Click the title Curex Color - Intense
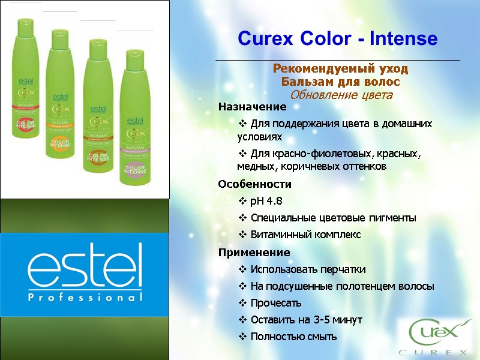[x=338, y=40]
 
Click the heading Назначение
[x=252, y=107]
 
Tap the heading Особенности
[x=254, y=184]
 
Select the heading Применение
[x=254, y=252]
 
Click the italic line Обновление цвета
[x=341, y=95]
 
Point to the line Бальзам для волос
[x=340, y=82]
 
